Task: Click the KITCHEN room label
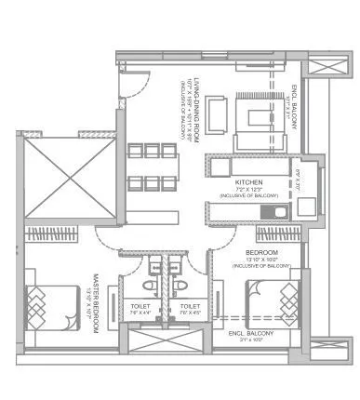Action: [247, 181]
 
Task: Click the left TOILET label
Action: [140, 305]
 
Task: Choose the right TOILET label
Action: [190, 305]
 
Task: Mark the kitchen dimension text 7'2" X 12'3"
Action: [247, 190]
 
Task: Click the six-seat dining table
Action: [149, 167]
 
